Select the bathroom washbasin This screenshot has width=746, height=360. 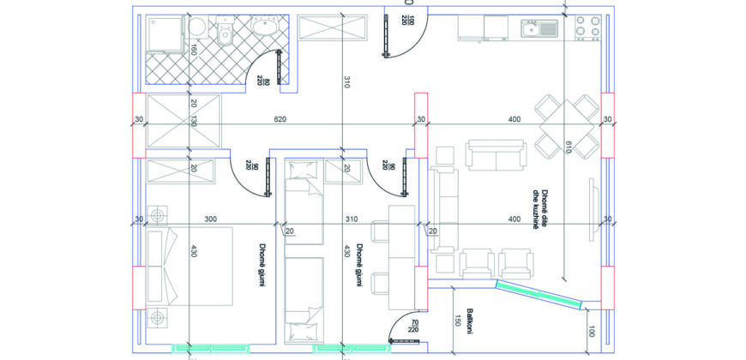click(266, 27)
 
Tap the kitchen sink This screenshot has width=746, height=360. click(539, 28)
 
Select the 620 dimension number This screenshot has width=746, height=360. click(280, 119)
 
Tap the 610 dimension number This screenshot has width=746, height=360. click(567, 148)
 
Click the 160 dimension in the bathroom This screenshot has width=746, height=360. click(193, 50)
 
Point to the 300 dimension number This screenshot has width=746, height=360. click(211, 219)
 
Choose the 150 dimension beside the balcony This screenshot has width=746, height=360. click(458, 321)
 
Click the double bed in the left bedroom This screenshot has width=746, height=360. click(190, 266)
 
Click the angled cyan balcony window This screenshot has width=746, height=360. click(539, 295)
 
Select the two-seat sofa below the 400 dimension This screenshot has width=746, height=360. click(496, 155)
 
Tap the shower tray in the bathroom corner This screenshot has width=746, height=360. click(165, 33)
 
